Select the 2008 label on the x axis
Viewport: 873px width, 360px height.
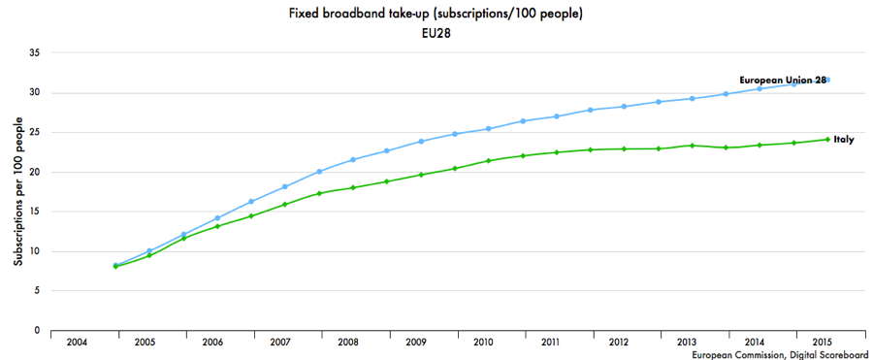tap(348, 343)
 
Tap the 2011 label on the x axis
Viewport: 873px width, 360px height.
tap(550, 343)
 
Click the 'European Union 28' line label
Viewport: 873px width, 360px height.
tap(782, 80)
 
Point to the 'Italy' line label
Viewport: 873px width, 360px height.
tap(843, 140)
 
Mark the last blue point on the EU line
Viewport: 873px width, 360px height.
tap(827, 80)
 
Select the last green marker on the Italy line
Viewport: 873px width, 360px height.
tap(827, 139)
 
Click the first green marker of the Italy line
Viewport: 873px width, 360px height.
tap(116, 266)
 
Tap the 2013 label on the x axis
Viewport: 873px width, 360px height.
tap(684, 343)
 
